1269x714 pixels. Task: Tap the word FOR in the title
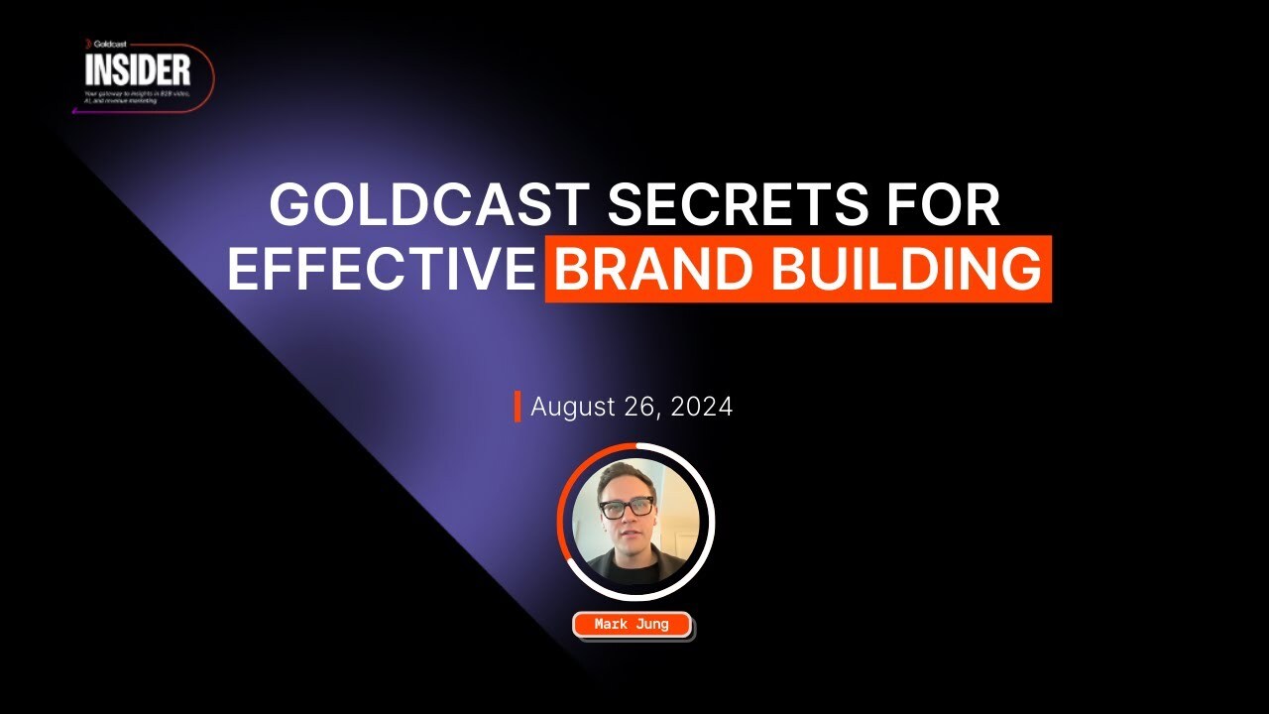(936, 206)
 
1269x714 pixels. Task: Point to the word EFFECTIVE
(381, 268)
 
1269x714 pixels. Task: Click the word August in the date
(574, 407)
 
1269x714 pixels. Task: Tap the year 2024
(702, 407)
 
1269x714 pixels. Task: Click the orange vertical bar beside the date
(517, 407)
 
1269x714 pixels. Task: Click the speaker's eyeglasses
(627, 508)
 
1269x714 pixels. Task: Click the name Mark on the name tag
(611, 625)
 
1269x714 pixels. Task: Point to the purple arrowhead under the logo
(75, 111)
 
